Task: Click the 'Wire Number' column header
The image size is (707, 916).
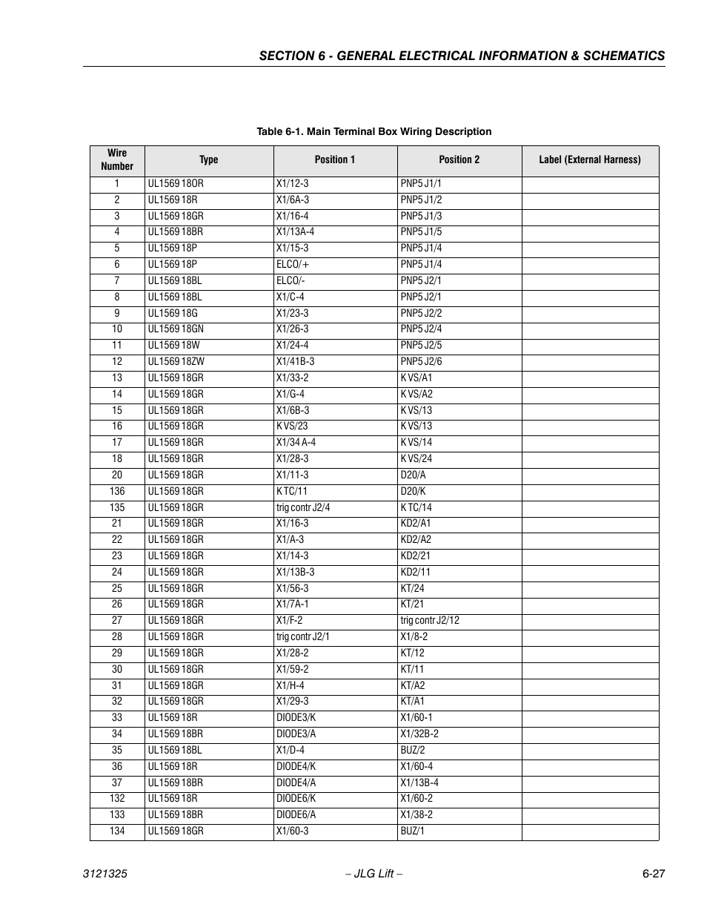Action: (x=117, y=160)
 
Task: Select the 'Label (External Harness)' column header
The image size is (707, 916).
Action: (x=589, y=160)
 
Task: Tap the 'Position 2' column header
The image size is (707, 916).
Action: (x=459, y=160)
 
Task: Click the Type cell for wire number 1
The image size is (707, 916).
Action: (x=176, y=184)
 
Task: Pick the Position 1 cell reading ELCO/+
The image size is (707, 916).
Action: (x=293, y=265)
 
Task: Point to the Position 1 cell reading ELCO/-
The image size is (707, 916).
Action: (x=291, y=281)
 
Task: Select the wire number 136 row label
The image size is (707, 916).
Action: (x=117, y=492)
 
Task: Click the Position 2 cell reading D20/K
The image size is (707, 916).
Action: (x=413, y=492)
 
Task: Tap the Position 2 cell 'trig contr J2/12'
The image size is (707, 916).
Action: (x=430, y=621)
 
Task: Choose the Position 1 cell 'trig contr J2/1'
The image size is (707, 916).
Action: (x=303, y=637)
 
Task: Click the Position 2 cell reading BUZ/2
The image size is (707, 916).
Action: (x=413, y=751)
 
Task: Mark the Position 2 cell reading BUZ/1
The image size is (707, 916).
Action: (x=413, y=831)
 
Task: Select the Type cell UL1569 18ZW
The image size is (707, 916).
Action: (x=176, y=362)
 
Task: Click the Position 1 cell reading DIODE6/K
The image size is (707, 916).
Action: (x=296, y=799)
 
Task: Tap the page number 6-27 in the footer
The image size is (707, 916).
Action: (x=653, y=874)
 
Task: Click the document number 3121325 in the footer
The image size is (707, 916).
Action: (x=104, y=874)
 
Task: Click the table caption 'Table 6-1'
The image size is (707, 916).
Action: (x=374, y=132)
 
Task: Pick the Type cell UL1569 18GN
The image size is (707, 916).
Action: (x=176, y=329)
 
